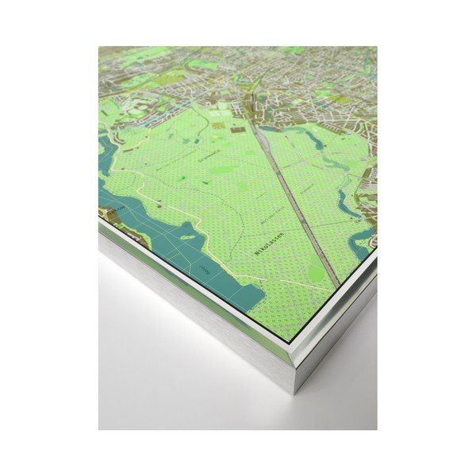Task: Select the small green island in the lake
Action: (188, 236)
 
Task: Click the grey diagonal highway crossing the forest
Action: (294, 198)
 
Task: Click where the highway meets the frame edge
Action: (339, 285)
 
